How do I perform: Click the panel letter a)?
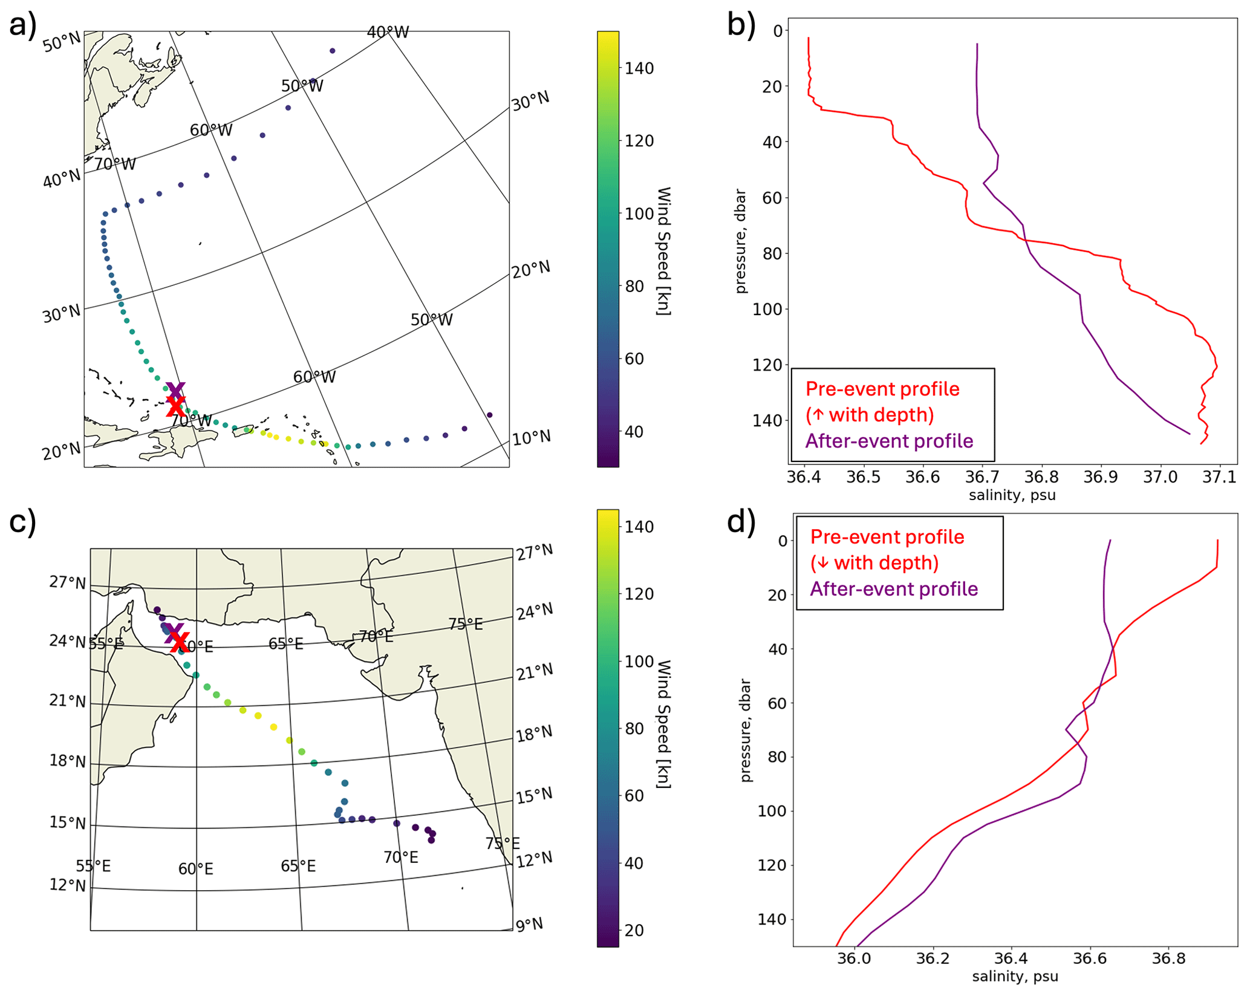tap(23, 25)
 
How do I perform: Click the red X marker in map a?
tap(175, 406)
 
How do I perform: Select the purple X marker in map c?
tap(174, 633)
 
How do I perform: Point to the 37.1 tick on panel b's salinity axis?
tap(1219, 477)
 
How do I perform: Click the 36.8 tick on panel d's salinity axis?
tap(1168, 958)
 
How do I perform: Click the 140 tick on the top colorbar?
tap(639, 68)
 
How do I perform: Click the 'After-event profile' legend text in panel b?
tap(889, 441)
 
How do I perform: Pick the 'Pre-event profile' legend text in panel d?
tap(887, 536)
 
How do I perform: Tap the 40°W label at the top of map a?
tap(388, 32)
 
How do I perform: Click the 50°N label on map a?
tap(62, 42)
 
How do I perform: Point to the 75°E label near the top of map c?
tap(465, 624)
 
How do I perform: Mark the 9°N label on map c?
tap(529, 925)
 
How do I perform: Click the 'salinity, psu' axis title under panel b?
tap(1012, 495)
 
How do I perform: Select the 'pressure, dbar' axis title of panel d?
tap(746, 730)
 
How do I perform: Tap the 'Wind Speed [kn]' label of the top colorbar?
tap(663, 251)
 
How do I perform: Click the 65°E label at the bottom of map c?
tap(298, 866)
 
